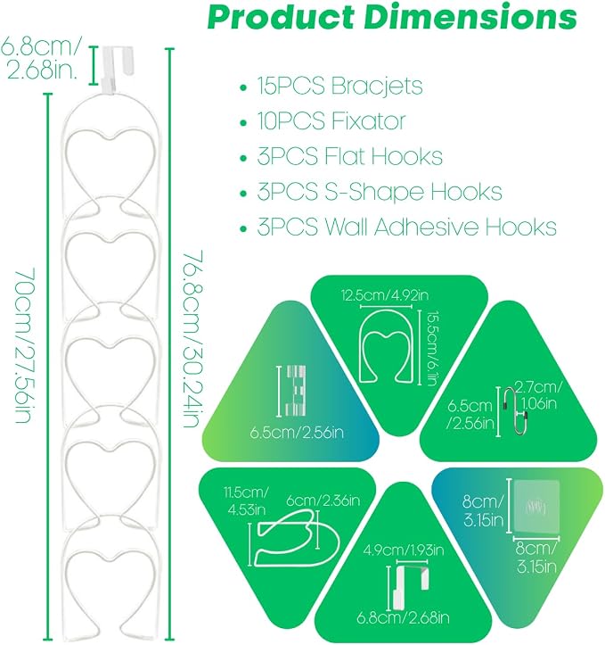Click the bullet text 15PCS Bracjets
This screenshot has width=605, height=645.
click(339, 86)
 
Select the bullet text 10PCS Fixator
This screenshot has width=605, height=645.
click(331, 121)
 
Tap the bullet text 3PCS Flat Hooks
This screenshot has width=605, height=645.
click(350, 156)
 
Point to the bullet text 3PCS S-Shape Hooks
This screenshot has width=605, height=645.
click(380, 192)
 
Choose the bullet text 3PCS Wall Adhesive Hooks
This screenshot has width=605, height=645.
click(406, 227)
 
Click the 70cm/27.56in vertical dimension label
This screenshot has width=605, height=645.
click(24, 345)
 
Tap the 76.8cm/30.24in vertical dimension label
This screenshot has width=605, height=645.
click(192, 338)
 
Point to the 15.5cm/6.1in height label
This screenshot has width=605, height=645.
click(430, 349)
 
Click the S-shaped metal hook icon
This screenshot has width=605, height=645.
click(516, 411)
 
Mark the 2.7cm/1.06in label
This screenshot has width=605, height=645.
click(539, 395)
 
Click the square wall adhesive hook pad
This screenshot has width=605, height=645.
click(536, 507)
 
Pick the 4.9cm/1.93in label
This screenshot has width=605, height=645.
click(404, 550)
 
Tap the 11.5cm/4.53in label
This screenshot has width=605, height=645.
click(246, 501)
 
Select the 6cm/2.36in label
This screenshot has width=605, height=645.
click(323, 500)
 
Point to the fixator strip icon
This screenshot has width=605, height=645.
click(296, 390)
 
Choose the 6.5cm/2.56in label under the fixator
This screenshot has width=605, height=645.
click(297, 433)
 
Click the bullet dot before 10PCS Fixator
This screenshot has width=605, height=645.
click(243, 122)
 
